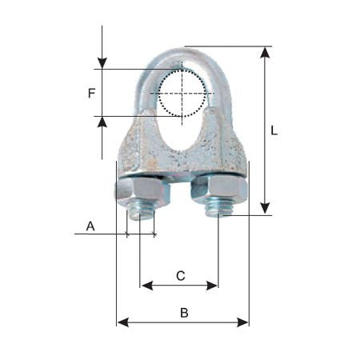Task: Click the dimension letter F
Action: (x=91, y=94)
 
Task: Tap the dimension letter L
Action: (x=274, y=130)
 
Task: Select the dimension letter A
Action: (x=90, y=226)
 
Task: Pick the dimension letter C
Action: (x=181, y=276)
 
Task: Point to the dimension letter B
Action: (x=184, y=313)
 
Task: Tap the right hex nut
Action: (x=219, y=190)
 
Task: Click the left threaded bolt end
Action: (x=140, y=212)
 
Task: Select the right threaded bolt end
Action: (x=218, y=210)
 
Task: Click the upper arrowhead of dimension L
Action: (x=265, y=52)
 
